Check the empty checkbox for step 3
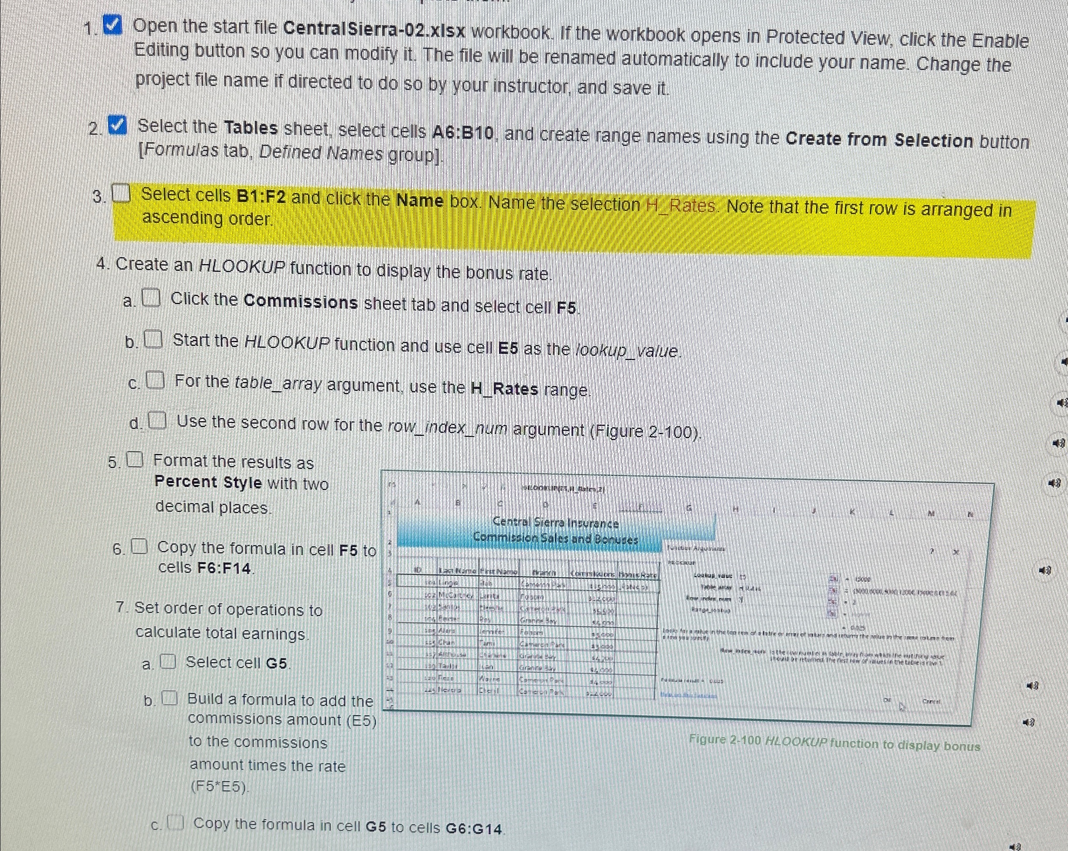[x=121, y=194]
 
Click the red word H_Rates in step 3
[x=681, y=205]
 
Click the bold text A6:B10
[x=463, y=132]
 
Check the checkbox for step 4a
[x=151, y=298]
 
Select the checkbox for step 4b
[x=153, y=340]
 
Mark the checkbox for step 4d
[x=157, y=421]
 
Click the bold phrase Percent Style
[x=208, y=482]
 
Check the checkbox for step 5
[x=135, y=460]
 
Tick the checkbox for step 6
[x=139, y=546]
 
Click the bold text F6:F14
[x=226, y=568]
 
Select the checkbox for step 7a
[x=168, y=661]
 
